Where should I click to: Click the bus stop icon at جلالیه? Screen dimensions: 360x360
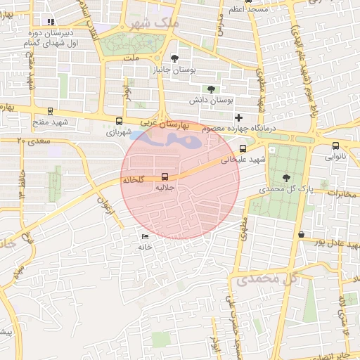coord(165,176)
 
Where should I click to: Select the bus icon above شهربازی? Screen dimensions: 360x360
coord(119,121)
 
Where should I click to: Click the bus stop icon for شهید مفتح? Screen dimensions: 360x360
coord(50,110)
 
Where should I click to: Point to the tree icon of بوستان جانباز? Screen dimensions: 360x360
coord(175,59)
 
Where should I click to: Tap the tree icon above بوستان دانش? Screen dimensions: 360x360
coord(211,89)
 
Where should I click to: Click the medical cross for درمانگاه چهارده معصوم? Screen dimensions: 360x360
coord(239,117)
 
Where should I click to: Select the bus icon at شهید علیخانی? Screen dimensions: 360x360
coord(243,148)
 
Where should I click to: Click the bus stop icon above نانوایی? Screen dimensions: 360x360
coord(335,146)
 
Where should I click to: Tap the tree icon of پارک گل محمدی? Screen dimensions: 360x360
coord(285,177)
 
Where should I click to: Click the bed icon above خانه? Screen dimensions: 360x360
coord(145,236)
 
